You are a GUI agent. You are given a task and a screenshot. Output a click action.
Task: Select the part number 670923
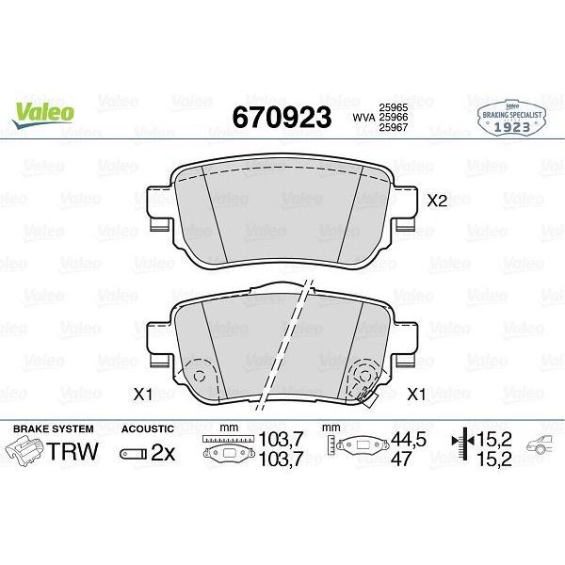tap(282, 116)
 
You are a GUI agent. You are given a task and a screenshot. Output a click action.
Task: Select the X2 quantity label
tap(437, 201)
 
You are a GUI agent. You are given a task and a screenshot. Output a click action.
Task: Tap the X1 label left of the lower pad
tap(142, 394)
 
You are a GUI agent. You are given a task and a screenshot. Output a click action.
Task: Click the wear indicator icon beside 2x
tap(134, 453)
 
